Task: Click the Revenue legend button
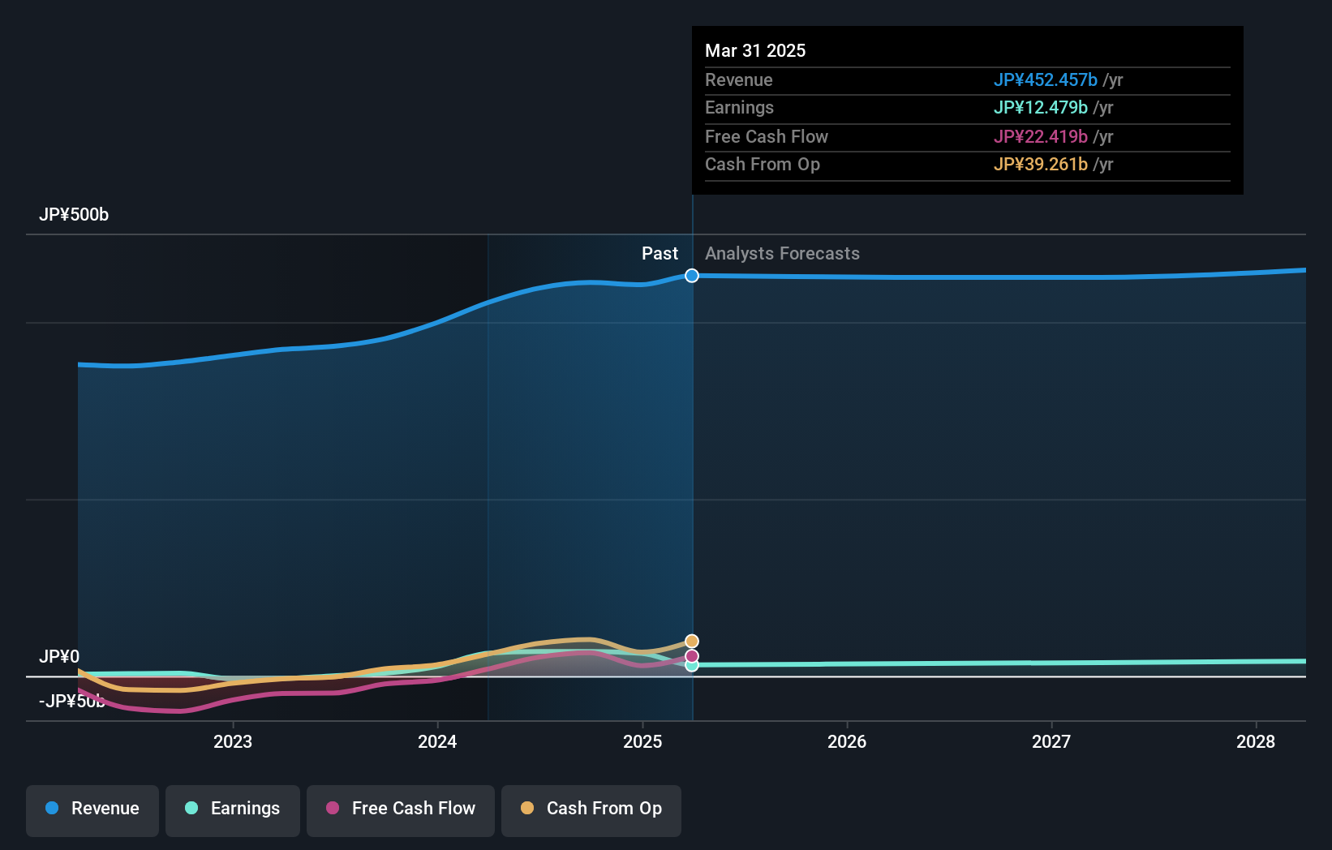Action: coord(92,809)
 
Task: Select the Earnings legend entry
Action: coord(233,809)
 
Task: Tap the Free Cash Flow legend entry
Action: coord(401,809)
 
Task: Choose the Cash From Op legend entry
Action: coord(591,809)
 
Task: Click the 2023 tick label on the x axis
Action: coord(233,741)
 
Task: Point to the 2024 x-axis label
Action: coord(437,741)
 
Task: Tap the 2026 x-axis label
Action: coord(847,741)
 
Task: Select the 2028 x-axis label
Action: coord(1256,741)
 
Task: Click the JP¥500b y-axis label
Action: coord(74,215)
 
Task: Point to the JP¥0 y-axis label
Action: coord(59,656)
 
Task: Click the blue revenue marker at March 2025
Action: coord(692,276)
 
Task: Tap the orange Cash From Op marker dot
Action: coord(692,642)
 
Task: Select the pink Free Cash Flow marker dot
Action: coord(692,656)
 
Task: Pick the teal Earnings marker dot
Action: coord(692,665)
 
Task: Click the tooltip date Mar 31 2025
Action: coord(755,50)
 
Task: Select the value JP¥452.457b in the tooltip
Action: coord(1045,79)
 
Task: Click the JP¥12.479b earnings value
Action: coord(1040,108)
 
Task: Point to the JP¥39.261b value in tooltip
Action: coord(1040,165)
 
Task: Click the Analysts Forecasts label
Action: coord(782,254)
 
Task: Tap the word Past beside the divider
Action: coord(660,254)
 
